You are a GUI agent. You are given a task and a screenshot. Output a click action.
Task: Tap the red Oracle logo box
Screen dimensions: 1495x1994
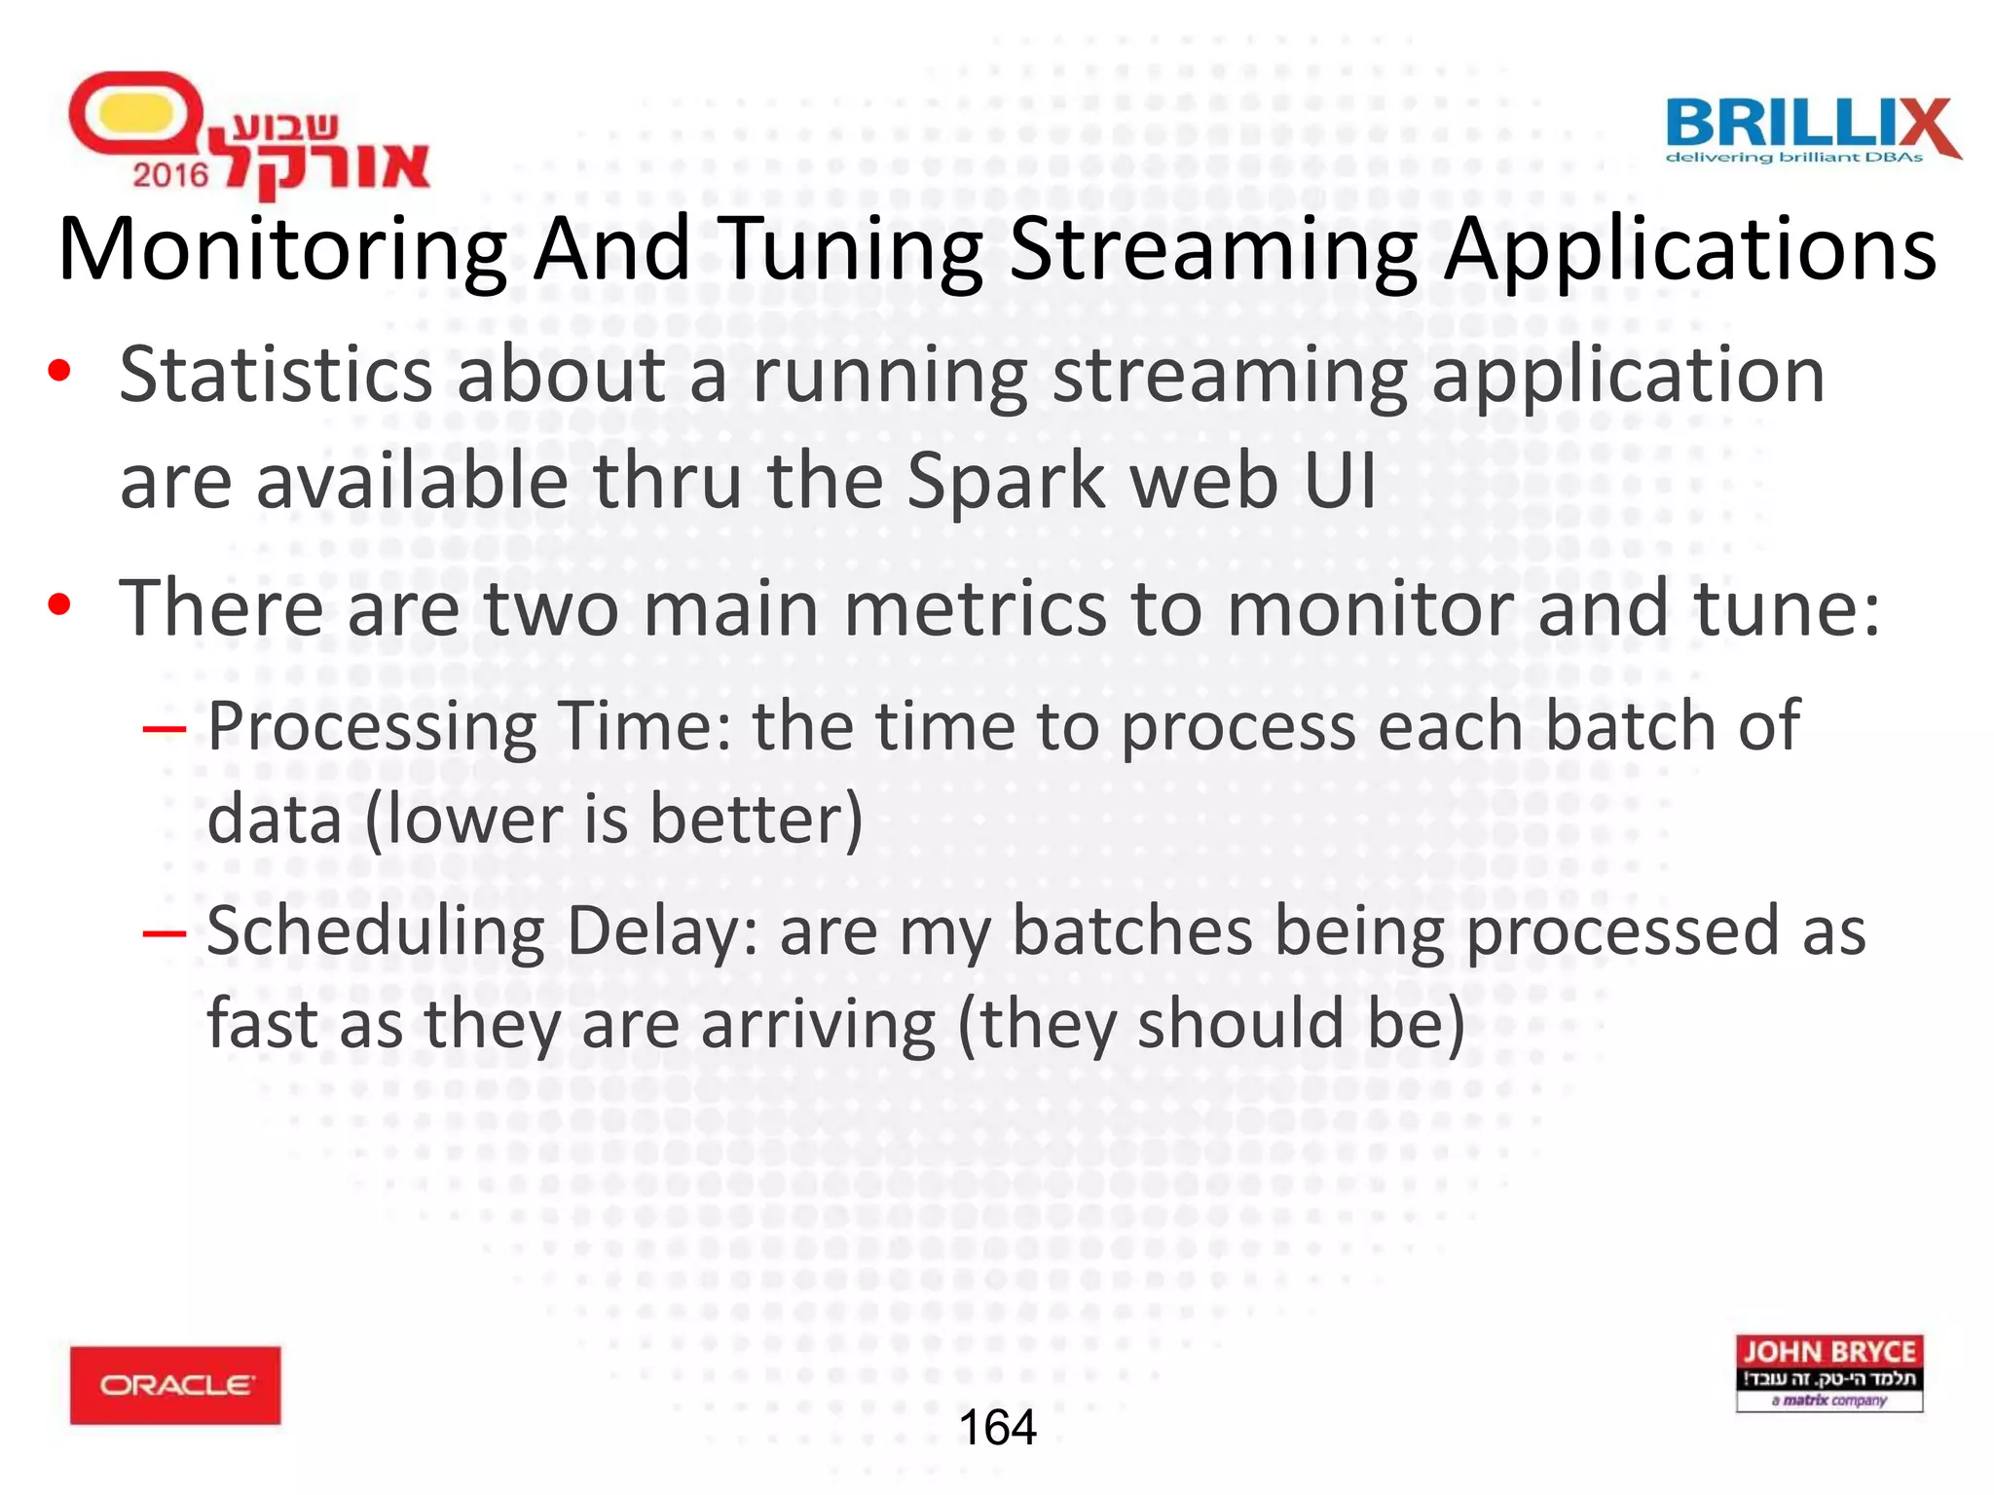point(175,1385)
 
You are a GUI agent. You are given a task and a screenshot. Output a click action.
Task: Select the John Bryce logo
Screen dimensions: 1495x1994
point(1828,1372)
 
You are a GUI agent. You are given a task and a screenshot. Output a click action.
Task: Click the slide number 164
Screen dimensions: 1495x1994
point(997,1428)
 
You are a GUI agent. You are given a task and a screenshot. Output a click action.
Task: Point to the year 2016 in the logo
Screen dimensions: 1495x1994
point(170,175)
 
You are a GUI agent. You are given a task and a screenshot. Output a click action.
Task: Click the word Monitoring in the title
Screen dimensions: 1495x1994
point(282,250)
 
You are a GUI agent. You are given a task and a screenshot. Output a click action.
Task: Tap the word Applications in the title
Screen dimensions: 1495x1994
point(1689,250)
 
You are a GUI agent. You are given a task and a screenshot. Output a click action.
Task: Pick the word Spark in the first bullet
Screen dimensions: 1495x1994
point(1008,482)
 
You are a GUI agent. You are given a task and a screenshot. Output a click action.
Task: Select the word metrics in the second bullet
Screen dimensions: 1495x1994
point(974,608)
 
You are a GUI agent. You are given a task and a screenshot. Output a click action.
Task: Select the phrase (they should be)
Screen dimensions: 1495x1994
point(1211,1024)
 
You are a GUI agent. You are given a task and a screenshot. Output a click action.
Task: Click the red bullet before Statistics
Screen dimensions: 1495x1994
point(59,372)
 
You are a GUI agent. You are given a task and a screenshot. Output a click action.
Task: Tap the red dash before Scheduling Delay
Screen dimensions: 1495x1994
point(164,932)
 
